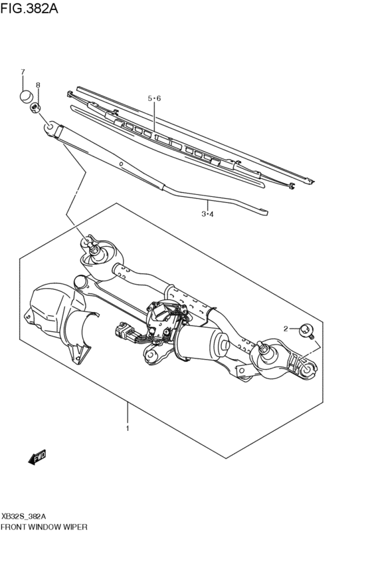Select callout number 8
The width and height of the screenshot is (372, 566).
pos(38,85)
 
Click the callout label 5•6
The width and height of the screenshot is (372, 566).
pos(154,98)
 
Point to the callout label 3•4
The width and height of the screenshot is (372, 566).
pos(207,213)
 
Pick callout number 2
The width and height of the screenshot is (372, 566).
pos(286,329)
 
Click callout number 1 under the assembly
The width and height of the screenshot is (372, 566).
pos(128,428)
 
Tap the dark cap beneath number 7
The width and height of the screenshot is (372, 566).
pos(25,96)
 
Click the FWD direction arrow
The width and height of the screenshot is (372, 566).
pos(37,457)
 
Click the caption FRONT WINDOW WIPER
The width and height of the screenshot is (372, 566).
pos(45,526)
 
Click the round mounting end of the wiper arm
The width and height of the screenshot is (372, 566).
pos(50,124)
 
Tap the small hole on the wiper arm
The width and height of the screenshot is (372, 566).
pos(121,164)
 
